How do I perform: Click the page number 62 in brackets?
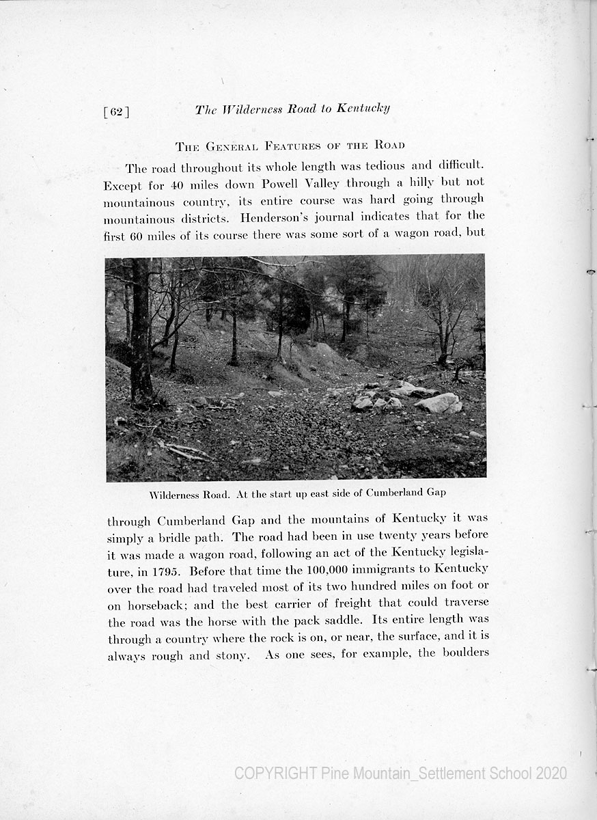point(116,112)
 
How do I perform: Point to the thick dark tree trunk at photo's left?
point(140,328)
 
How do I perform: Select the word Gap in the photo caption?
point(436,493)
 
